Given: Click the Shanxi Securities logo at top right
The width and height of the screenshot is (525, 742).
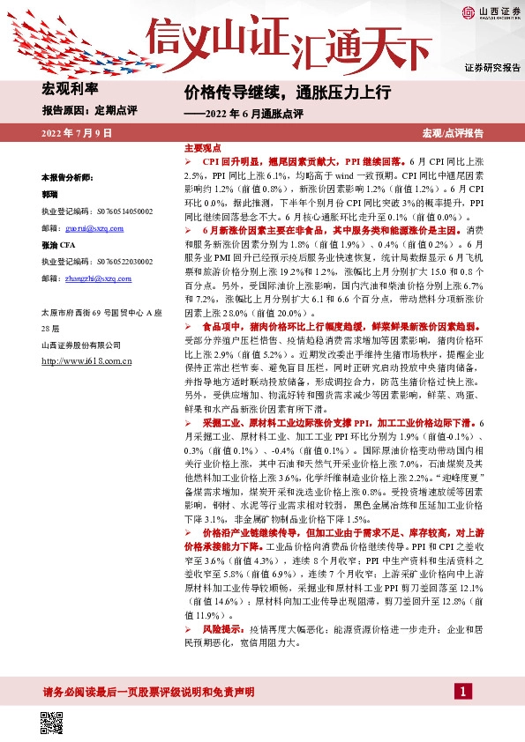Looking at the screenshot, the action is pyautogui.click(x=491, y=12).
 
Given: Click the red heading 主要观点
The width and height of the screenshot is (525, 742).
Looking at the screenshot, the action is pyautogui.click(x=202, y=148).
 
